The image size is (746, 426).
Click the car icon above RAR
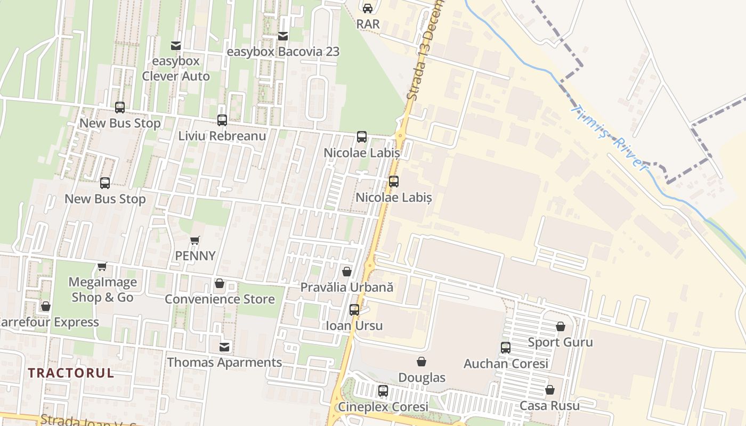coord(368,8)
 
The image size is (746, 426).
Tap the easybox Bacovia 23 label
coord(283,52)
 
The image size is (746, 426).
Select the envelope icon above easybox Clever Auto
coord(175,46)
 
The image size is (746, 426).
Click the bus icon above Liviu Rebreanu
coord(222,120)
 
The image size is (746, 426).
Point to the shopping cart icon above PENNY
coord(195,240)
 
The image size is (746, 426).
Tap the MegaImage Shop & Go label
coord(103,290)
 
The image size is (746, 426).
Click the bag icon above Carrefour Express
coord(46,306)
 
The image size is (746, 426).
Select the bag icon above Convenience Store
coord(219,283)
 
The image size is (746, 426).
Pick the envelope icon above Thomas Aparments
coord(224,347)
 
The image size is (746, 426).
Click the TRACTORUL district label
coord(71,373)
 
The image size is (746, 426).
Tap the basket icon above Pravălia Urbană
coord(347,272)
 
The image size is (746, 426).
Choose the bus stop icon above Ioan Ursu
coord(354,310)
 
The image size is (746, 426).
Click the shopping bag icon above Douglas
coord(421,362)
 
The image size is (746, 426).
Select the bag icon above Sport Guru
coord(560,326)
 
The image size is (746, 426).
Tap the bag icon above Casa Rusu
coord(549,390)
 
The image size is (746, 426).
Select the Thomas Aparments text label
coord(224,363)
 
